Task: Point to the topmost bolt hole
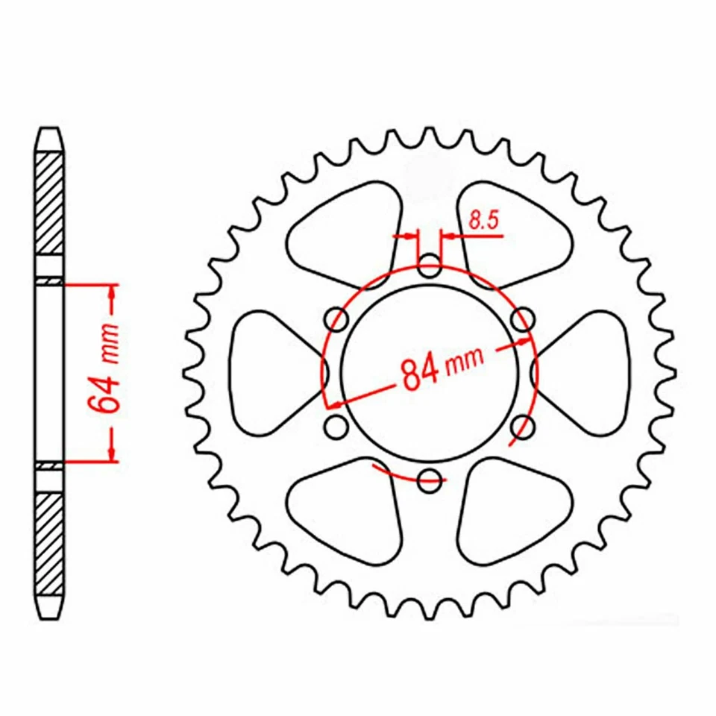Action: [x=429, y=265]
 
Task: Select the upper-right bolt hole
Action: [x=524, y=319]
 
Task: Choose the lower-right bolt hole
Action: [x=524, y=427]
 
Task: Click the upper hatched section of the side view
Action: [x=49, y=201]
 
